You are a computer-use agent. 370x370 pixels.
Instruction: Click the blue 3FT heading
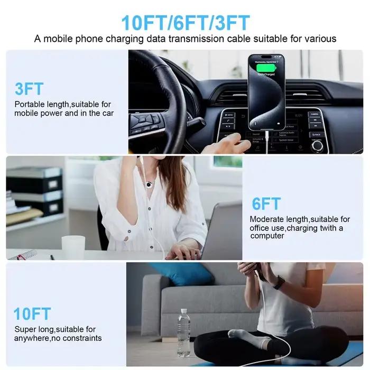point(29,89)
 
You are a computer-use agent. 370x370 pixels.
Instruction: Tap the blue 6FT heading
point(266,203)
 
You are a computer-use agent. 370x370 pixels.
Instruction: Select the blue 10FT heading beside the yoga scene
point(32,313)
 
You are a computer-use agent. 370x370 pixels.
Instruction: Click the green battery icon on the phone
point(266,68)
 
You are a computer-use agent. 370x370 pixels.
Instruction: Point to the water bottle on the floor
point(184,332)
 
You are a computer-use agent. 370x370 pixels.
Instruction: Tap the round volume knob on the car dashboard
point(317,145)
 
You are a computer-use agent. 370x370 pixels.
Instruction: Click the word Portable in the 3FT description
point(30,104)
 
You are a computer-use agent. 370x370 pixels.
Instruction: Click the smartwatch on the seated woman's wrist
point(279,282)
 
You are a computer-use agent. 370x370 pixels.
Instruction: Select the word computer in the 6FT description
point(267,236)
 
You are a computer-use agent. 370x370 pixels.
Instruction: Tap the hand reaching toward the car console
point(227,143)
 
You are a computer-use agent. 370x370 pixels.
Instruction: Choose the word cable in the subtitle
point(239,39)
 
